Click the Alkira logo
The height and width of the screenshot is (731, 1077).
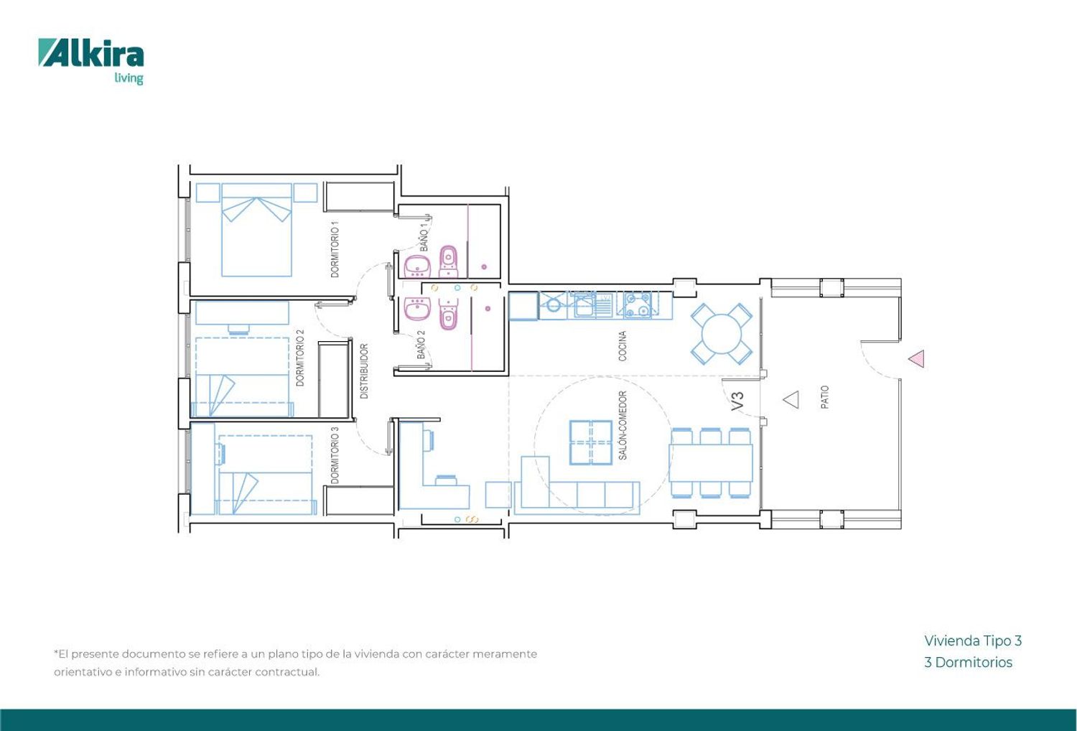coord(91,62)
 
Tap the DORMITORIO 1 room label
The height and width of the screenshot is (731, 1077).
coord(335,249)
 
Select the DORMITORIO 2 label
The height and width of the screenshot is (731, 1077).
coord(300,358)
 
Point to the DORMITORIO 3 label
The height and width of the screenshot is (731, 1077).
coord(335,455)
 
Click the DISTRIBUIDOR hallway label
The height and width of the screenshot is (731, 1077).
coord(364,371)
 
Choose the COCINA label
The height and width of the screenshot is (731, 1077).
coord(623,346)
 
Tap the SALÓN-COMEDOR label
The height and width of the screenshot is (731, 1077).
coord(623,425)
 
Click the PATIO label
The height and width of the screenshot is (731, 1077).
coord(824,397)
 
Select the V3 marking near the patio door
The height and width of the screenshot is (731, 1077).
coord(737,401)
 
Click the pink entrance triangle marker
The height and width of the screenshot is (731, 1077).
coord(918,359)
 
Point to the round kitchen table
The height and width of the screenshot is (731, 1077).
coord(722,334)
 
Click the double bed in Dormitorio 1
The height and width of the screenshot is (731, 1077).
coord(257,230)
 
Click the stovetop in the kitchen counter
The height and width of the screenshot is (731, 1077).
coord(638,305)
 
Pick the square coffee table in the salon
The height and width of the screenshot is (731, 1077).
coord(591,442)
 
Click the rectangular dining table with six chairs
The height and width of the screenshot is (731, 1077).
coord(711,463)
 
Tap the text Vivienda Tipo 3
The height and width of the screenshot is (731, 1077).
coord(973,641)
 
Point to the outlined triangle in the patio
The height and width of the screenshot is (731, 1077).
coord(791,400)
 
